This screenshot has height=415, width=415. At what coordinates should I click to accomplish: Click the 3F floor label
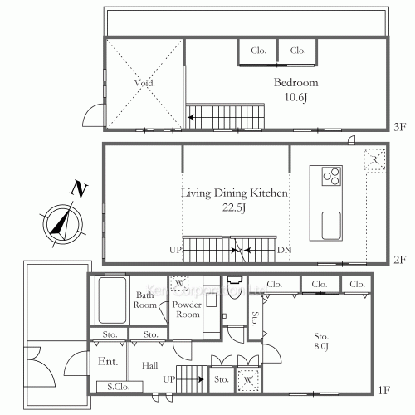click(400, 127)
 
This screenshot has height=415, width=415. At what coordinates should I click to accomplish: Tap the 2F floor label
click(400, 260)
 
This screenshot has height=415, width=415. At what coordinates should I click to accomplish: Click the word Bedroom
click(296, 83)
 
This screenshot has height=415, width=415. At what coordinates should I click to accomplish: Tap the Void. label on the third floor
click(144, 84)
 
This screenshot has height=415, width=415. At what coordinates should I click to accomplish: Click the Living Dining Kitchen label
click(235, 193)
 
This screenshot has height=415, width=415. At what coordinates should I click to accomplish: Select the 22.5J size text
click(235, 207)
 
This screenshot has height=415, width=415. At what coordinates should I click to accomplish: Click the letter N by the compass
click(78, 190)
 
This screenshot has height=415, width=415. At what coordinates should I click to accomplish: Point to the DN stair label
click(284, 249)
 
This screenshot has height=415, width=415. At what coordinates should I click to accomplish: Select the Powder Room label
click(187, 309)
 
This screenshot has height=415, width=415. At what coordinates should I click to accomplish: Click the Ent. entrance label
click(107, 362)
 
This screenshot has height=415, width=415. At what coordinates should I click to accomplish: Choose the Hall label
click(149, 364)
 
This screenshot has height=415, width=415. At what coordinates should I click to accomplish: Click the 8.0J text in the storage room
click(321, 346)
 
